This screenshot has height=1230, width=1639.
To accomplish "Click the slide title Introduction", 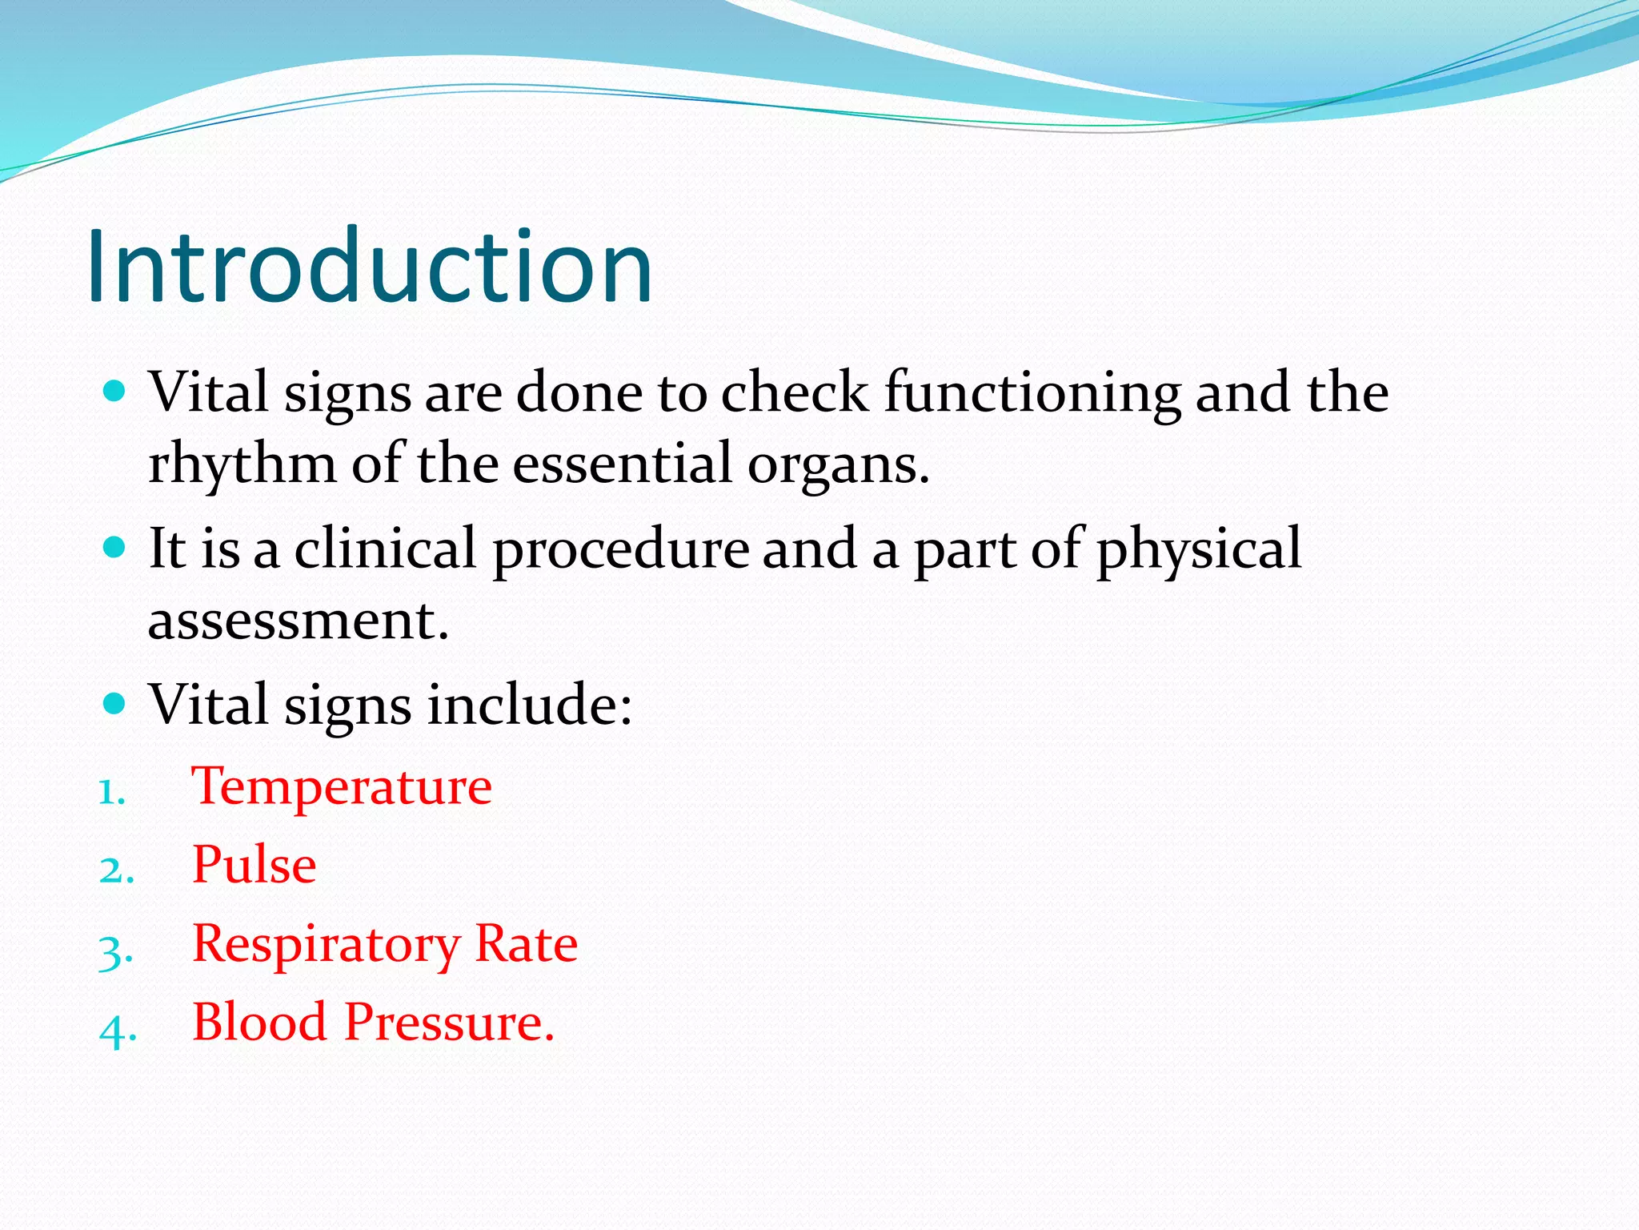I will point(370,267).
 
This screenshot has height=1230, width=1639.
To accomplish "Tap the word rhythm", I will point(242,464).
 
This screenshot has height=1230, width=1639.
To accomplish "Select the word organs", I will point(838,464).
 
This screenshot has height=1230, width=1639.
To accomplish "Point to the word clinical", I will point(385,549).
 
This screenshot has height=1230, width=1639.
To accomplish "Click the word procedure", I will point(620,549).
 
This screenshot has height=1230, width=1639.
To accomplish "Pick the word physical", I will point(1198,549).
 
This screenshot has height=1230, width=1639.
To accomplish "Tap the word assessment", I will point(298,621).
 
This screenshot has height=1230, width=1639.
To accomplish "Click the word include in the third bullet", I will point(528,705).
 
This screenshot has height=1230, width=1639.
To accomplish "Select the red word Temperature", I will point(342,786).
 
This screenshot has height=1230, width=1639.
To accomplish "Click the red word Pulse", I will point(254,865).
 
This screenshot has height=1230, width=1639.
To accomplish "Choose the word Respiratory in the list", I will point(326,945).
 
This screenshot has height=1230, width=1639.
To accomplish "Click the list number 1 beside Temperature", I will point(111,793).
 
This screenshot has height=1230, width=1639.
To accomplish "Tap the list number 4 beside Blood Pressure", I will point(117,1031).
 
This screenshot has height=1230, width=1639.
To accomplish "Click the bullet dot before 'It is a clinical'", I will point(115,548).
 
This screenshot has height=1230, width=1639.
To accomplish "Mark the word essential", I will point(622,464).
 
